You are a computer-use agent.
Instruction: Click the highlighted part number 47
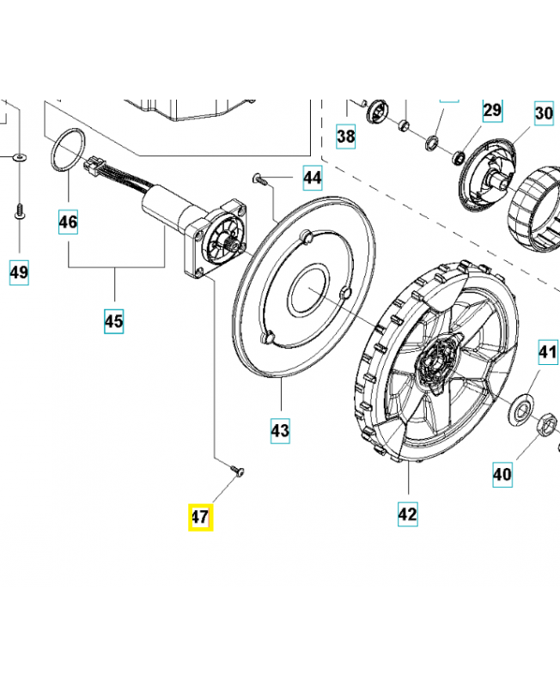click(200, 518)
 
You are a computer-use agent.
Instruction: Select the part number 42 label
click(407, 514)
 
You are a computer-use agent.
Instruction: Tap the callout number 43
click(280, 429)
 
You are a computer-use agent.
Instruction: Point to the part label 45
click(114, 321)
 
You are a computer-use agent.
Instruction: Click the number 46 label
click(68, 222)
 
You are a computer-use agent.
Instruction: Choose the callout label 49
click(19, 273)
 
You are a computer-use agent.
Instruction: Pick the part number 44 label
click(312, 179)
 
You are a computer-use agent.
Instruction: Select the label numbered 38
click(345, 136)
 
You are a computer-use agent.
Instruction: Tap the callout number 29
click(491, 110)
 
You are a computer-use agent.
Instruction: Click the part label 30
click(544, 113)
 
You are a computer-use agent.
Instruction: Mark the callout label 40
click(502, 472)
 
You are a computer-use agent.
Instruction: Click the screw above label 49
click(18, 210)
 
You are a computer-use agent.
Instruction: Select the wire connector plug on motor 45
click(93, 169)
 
